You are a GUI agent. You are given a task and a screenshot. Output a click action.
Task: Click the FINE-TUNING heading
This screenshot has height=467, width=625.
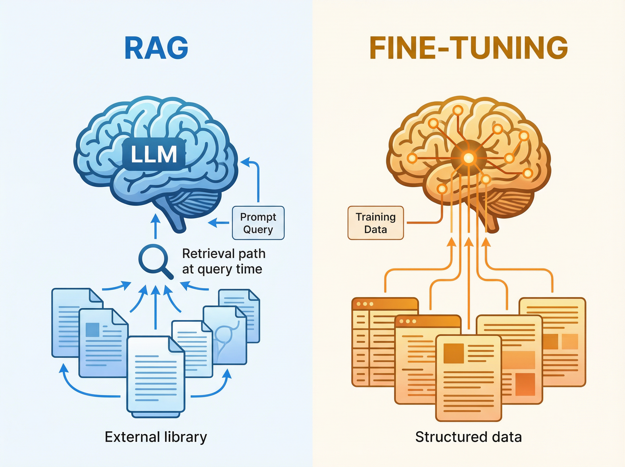point(468,48)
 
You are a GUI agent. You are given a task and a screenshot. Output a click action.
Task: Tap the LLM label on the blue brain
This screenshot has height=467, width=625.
point(154,154)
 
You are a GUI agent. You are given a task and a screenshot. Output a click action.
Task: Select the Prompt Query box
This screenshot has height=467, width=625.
point(258,223)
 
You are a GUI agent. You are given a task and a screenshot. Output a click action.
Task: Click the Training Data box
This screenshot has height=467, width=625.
point(375,223)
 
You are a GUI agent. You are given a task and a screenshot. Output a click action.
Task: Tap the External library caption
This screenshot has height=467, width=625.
point(156,437)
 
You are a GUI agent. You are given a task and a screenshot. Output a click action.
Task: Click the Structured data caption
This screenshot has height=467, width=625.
point(468,437)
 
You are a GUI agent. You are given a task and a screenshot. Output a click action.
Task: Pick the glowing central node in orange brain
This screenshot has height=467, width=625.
point(468,158)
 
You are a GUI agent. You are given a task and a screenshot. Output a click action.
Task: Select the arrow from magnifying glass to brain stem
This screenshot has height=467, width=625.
point(155,226)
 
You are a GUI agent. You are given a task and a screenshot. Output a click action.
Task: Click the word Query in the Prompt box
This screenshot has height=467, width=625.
point(258,229)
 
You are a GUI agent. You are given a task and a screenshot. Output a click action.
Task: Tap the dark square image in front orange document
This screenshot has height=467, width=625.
point(454,353)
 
